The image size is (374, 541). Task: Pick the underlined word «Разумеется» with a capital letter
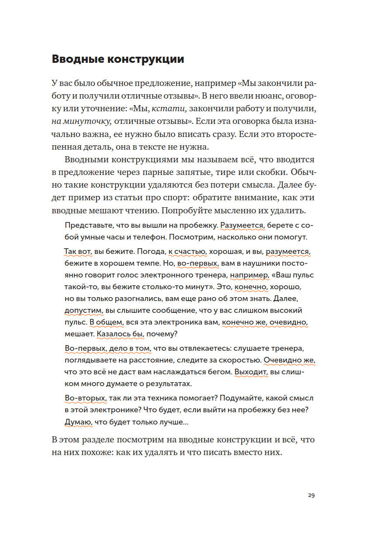pos(243,226)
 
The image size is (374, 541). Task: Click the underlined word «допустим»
pos(83,311)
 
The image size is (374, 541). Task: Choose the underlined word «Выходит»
pos(251,372)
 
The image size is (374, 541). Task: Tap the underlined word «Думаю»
pos(77,422)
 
